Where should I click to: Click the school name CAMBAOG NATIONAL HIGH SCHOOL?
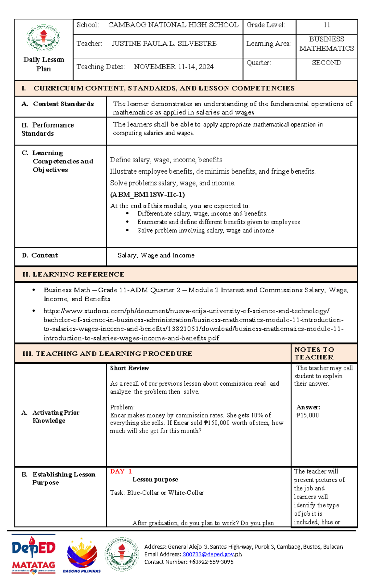click(173, 25)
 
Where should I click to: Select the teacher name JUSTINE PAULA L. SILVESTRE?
click(164, 44)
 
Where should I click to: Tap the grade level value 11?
click(327, 25)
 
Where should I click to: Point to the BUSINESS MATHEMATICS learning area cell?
click(327, 44)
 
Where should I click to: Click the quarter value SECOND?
click(327, 63)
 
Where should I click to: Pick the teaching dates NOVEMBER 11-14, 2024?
click(173, 67)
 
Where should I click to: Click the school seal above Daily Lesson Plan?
click(44, 38)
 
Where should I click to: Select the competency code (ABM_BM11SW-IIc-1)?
click(147, 195)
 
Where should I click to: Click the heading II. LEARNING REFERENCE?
click(73, 275)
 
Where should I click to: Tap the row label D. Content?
click(40, 255)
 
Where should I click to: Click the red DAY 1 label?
click(121, 471)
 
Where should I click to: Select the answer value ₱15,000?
click(307, 415)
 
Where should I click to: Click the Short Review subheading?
click(129, 368)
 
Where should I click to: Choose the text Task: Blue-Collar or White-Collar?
click(157, 493)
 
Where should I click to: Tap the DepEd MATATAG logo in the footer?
click(33, 554)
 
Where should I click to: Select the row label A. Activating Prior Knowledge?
click(51, 417)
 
